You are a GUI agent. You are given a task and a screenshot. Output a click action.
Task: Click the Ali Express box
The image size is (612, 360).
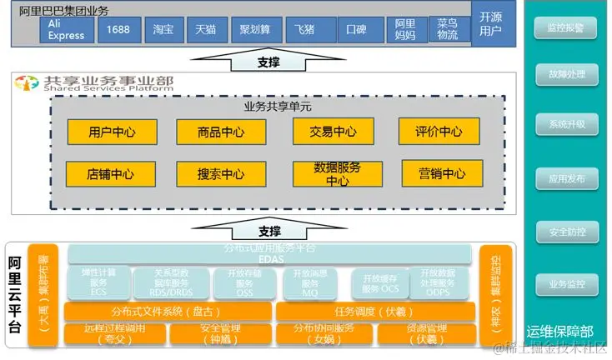(67, 31)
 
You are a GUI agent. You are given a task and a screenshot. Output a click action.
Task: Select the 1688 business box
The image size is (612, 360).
(118, 31)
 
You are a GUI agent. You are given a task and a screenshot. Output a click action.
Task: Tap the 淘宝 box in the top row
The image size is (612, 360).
(163, 31)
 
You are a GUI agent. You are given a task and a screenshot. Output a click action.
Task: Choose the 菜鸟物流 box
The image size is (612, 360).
(447, 31)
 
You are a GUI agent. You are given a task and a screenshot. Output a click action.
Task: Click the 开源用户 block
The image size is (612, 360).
(492, 25)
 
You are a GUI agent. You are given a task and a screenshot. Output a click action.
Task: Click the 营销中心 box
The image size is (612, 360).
(442, 173)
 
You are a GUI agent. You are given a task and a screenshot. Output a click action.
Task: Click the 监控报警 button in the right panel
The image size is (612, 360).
(566, 28)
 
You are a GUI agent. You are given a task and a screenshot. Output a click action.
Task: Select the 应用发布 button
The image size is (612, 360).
(566, 178)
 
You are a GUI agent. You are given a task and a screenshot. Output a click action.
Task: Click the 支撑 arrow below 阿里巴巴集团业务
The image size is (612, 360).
(268, 61)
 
